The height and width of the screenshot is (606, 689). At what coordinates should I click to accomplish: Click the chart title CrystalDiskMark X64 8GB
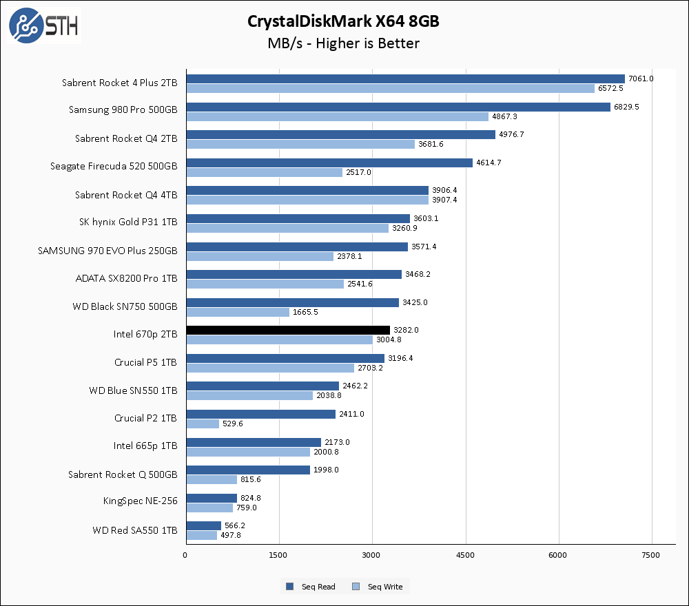(343, 21)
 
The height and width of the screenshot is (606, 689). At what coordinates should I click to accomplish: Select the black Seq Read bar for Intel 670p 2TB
(288, 330)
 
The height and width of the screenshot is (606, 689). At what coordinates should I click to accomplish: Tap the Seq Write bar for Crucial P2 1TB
(203, 424)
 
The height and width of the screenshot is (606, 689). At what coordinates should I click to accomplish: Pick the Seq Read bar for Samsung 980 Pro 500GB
(398, 107)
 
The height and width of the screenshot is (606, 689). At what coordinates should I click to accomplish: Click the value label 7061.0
(641, 79)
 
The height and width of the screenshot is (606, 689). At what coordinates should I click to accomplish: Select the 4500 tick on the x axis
(466, 554)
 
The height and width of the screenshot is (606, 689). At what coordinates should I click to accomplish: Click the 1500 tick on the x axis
(279, 554)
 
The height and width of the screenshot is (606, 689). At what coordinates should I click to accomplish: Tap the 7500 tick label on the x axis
(652, 554)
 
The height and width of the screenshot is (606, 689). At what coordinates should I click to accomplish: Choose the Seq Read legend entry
(311, 587)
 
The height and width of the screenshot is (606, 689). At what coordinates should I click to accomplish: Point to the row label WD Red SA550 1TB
(134, 531)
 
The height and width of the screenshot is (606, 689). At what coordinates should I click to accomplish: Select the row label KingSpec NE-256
(141, 501)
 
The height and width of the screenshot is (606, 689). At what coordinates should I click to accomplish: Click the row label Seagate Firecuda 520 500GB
(114, 166)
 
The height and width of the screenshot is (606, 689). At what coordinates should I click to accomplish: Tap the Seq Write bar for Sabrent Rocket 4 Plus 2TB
(390, 88)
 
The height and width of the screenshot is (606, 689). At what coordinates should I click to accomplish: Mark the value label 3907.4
(444, 200)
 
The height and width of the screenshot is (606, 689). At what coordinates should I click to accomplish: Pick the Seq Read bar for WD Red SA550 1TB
(203, 525)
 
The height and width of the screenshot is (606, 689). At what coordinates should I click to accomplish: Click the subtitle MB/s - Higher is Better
(343, 43)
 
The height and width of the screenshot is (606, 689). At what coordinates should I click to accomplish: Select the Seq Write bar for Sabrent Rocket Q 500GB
(212, 479)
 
